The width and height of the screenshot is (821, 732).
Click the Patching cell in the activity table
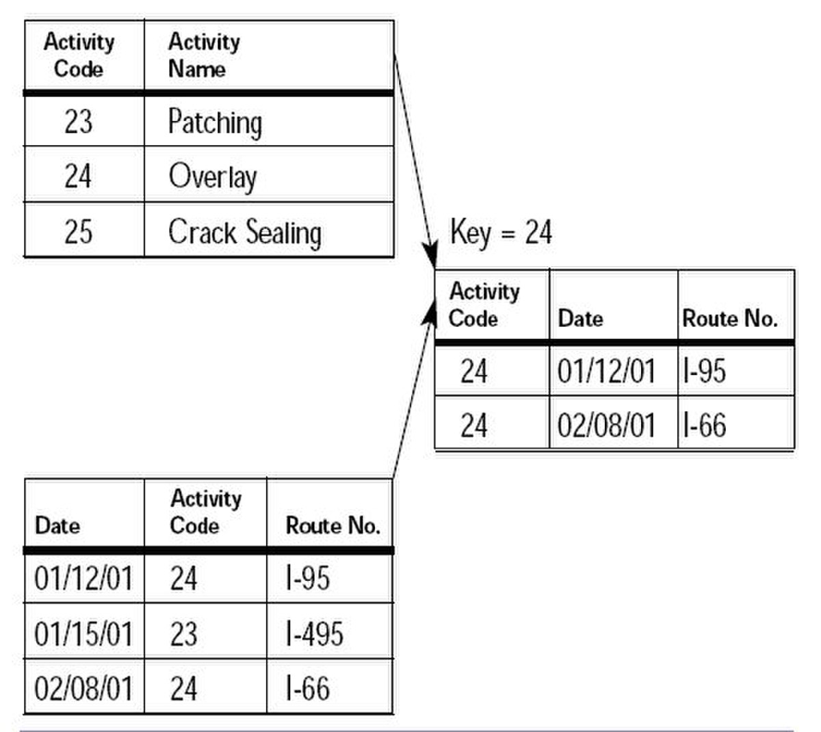pyautogui.click(x=216, y=122)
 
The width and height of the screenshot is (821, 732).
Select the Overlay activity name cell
pyautogui.click(x=213, y=177)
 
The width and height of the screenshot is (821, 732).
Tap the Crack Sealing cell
pyautogui.click(x=245, y=233)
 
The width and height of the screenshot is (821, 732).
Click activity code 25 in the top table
pyautogui.click(x=78, y=232)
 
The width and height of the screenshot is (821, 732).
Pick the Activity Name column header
pyautogui.click(x=204, y=55)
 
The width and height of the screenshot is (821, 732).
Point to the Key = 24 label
pyautogui.click(x=501, y=232)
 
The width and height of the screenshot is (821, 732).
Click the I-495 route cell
pyautogui.click(x=315, y=633)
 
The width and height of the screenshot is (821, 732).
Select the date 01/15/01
pyautogui.click(x=83, y=633)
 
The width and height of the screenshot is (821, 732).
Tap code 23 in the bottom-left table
pyautogui.click(x=183, y=633)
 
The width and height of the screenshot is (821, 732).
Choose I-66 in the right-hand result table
pyautogui.click(x=704, y=426)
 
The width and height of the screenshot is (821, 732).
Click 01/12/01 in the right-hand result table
pyautogui.click(x=606, y=371)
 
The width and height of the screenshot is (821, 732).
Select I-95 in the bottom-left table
pyautogui.click(x=308, y=578)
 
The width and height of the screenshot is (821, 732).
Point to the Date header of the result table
pyautogui.click(x=580, y=319)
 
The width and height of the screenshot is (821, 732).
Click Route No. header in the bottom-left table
pyautogui.click(x=333, y=525)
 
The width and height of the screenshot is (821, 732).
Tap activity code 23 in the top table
pyautogui.click(x=78, y=122)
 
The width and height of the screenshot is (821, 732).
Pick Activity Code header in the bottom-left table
pyautogui.click(x=205, y=512)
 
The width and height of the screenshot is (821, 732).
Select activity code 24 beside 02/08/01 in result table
pyautogui.click(x=473, y=426)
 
